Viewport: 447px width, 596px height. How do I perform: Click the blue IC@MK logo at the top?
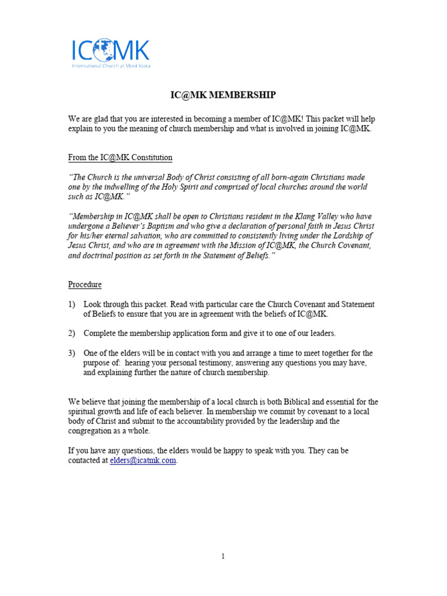tap(110, 51)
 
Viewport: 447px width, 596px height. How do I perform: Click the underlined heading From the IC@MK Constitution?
tap(120, 158)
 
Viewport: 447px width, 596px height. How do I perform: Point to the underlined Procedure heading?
tap(85, 285)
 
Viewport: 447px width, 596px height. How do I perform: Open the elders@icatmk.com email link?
tap(143, 460)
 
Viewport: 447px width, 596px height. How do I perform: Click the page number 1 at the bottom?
tap(223, 556)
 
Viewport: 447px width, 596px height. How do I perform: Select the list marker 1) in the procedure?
tap(72, 304)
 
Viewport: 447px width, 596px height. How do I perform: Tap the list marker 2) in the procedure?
tap(72, 334)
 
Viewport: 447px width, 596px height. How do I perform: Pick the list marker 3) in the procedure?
tap(72, 353)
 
